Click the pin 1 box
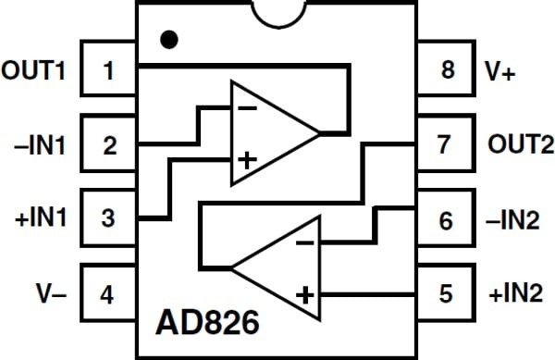point(109,69)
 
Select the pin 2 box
point(109,144)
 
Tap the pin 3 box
point(109,219)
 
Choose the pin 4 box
point(109,294)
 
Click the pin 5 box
point(446,294)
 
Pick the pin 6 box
point(446,220)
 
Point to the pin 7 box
point(446,145)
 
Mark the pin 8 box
point(446,69)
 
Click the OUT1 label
point(35,69)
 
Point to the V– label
point(46,294)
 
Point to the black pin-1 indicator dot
point(168,40)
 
